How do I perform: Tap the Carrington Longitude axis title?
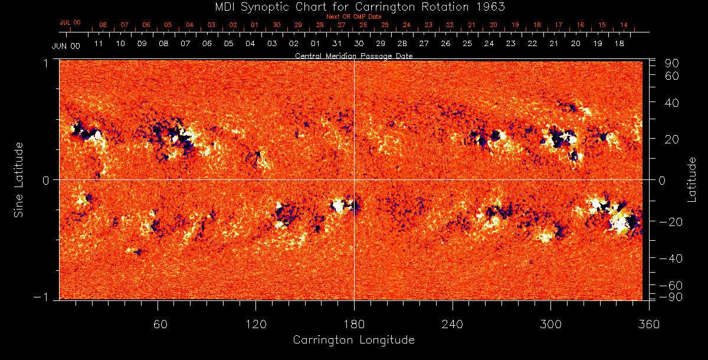coord(353,340)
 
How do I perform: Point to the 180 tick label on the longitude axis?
coord(354,325)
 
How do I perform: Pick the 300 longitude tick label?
coord(550,325)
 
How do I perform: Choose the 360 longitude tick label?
coord(649,325)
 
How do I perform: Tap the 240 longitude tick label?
coord(453,325)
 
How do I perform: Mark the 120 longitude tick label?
coord(255,325)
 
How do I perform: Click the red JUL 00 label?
coord(70,22)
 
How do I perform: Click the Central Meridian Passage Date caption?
coord(353,55)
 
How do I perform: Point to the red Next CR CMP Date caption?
coord(354,17)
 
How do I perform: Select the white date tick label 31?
coord(337,44)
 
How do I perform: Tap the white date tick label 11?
coord(99,44)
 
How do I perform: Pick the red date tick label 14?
coord(624,25)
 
